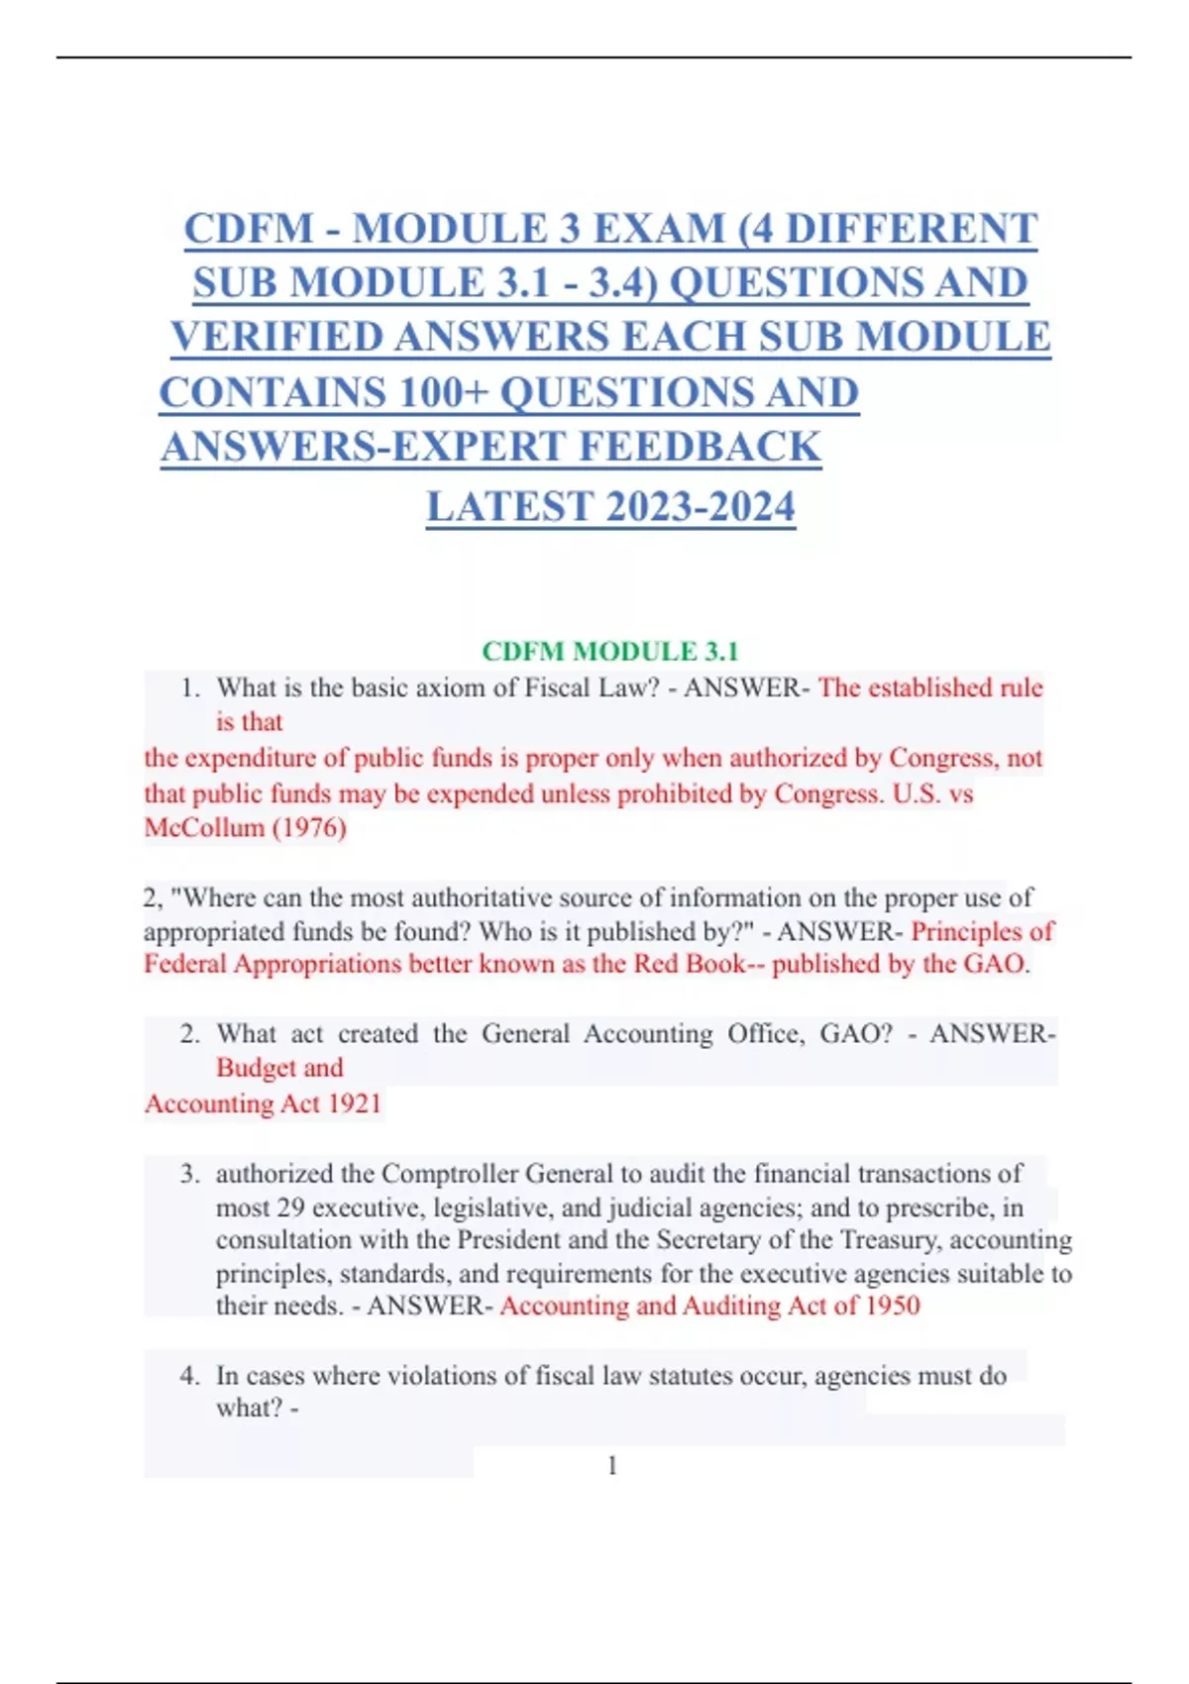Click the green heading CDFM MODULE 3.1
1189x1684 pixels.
click(609, 651)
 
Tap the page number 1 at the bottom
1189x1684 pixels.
click(612, 1465)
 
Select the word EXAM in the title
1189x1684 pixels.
click(659, 229)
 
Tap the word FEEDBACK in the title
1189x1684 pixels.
click(700, 447)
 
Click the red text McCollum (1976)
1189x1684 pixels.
click(245, 827)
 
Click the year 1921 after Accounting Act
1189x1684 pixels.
click(355, 1104)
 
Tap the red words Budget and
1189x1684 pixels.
click(279, 1068)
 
